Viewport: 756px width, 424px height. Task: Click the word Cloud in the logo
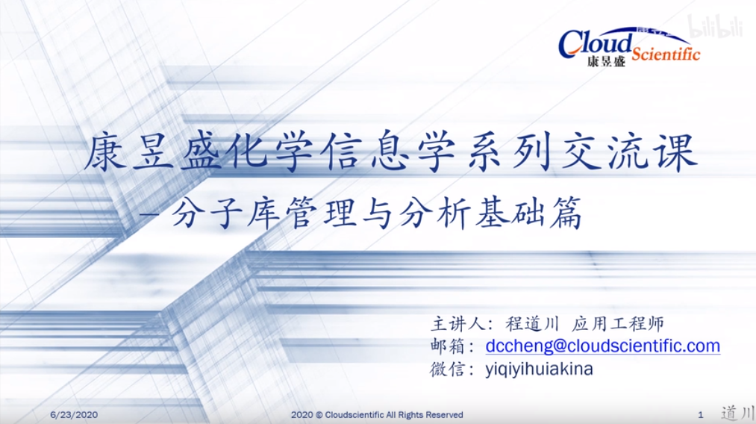click(x=596, y=43)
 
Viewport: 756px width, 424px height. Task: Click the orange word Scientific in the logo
click(x=666, y=54)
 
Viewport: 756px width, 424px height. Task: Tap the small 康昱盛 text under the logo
click(x=606, y=61)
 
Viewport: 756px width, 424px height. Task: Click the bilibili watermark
click(x=714, y=27)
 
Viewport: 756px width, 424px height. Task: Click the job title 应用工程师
click(x=618, y=324)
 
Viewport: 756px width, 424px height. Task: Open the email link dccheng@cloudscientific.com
click(x=603, y=346)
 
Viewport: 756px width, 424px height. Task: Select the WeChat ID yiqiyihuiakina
click(x=539, y=370)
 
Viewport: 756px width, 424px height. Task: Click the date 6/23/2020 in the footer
click(x=74, y=415)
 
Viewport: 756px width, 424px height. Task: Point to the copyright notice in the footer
click(x=377, y=415)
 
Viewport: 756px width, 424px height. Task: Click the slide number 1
click(x=701, y=415)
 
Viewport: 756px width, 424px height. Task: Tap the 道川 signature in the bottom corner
click(x=737, y=414)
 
